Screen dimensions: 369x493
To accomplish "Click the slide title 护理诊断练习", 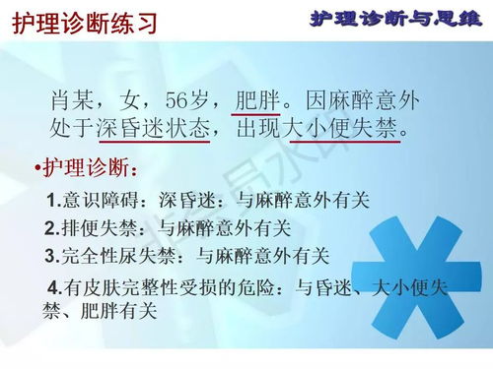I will pos(85,22).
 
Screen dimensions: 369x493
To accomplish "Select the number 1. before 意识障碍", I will pos(53,201).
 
